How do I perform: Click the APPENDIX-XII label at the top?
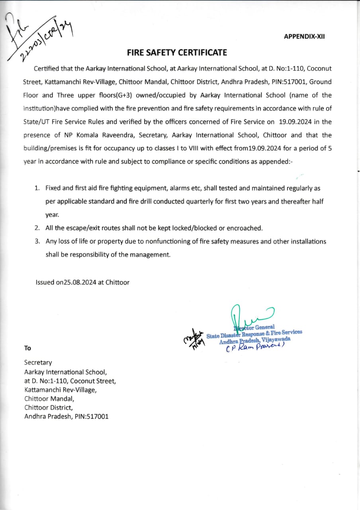click(x=304, y=36)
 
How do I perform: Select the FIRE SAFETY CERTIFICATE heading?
click(x=177, y=53)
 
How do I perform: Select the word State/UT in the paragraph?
click(x=36, y=122)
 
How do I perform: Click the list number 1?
click(x=37, y=188)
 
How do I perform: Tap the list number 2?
click(x=37, y=228)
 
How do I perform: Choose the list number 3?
click(x=37, y=241)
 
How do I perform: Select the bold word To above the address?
click(x=27, y=348)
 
